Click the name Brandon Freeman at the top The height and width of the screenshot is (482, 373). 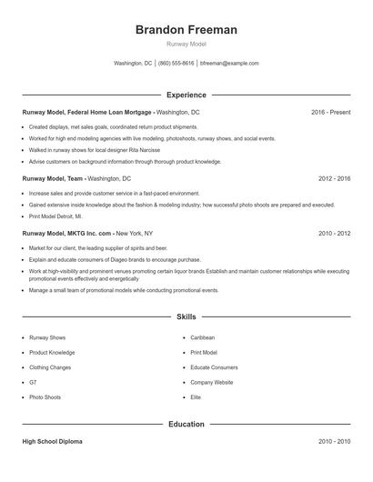pyautogui.click(x=186, y=30)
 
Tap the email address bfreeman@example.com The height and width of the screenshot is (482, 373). pyautogui.click(x=229, y=64)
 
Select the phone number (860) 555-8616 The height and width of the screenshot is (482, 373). pyautogui.click(x=176, y=64)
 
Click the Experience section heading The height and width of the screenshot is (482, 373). pyautogui.click(x=186, y=95)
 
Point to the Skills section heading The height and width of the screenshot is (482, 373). pyautogui.click(x=186, y=317)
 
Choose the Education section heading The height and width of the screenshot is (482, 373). pyautogui.click(x=186, y=424)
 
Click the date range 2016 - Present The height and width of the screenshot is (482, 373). pyautogui.click(x=330, y=112)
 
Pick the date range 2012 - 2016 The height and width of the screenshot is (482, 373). pyautogui.click(x=334, y=179)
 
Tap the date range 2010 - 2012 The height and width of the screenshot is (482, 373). pyautogui.click(x=334, y=234)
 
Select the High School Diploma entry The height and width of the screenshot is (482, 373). pyautogui.click(x=53, y=441)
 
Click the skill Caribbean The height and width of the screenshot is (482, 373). pyautogui.click(x=202, y=337)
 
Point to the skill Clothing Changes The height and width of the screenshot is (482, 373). pyautogui.click(x=51, y=367)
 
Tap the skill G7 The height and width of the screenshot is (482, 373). pyautogui.click(x=33, y=383)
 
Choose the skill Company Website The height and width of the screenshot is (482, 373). pyautogui.click(x=212, y=383)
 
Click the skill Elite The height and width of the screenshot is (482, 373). pyautogui.click(x=196, y=397)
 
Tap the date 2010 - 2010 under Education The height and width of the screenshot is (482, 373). pyautogui.click(x=334, y=441)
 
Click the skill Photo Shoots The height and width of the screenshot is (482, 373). pyautogui.click(x=45, y=397)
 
